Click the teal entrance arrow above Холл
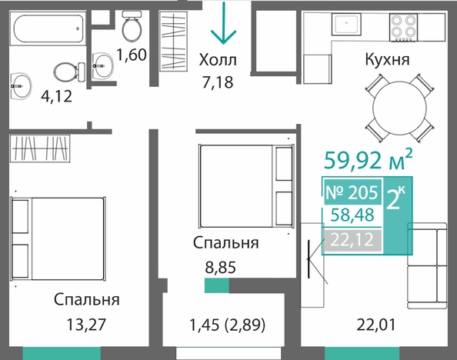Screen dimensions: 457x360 [x=223, y=23]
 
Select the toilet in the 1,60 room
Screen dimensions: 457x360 [x=132, y=25]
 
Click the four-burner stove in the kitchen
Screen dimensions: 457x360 [x=404, y=27]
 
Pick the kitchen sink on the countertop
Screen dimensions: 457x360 [x=346, y=24]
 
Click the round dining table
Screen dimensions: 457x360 [x=399, y=108]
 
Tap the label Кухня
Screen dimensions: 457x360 [x=387, y=59]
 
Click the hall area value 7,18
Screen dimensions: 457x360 [x=218, y=82]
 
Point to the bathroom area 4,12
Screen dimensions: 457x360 [x=56, y=96]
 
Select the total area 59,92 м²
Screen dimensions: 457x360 [x=369, y=160]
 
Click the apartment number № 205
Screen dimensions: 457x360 [x=352, y=192]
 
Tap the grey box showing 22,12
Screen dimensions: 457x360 [x=352, y=240]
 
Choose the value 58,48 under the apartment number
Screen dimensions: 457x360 [x=352, y=215]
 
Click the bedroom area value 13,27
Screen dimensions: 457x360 [x=86, y=325]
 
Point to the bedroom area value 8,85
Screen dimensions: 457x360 [x=220, y=267]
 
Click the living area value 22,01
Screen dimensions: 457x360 [x=376, y=325]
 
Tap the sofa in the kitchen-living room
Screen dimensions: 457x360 [x=427, y=265]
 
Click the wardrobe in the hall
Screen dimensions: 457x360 [x=173, y=41]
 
